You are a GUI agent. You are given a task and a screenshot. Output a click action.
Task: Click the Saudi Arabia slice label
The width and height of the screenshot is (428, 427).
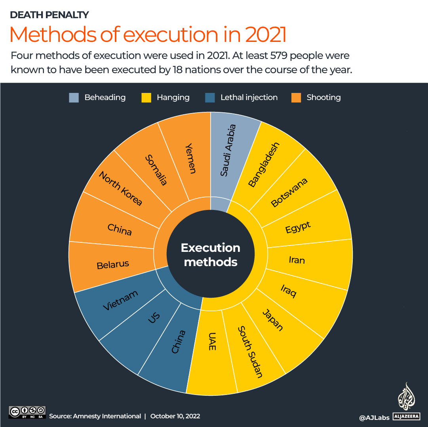pyautogui.click(x=228, y=151)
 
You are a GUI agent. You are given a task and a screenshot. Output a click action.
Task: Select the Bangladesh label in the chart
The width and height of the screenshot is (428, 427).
pyautogui.click(x=264, y=164)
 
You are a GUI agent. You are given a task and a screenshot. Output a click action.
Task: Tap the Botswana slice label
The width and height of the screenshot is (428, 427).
pyautogui.click(x=289, y=193)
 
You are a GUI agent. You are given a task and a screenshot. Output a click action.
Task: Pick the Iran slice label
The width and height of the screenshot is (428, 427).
pyautogui.click(x=297, y=260)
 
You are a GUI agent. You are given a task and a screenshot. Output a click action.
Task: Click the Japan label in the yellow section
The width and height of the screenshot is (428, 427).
pyautogui.click(x=273, y=320)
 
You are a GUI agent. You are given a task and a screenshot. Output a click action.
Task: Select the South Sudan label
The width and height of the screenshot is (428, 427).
pyautogui.click(x=250, y=352)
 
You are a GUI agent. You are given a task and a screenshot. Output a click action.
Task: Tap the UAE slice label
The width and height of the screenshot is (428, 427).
pyautogui.click(x=213, y=341)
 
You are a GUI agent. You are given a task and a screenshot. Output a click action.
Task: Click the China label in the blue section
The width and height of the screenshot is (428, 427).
pyautogui.click(x=178, y=342)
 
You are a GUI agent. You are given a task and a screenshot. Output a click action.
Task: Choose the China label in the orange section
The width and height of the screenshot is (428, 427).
pyautogui.click(x=120, y=229)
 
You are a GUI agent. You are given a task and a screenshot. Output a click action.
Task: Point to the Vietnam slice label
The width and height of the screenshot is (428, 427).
pyautogui.click(x=120, y=300)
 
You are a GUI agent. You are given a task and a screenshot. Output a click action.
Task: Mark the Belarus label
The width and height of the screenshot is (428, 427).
pyautogui.click(x=113, y=265)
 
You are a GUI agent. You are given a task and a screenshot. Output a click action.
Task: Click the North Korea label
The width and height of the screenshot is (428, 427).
pyautogui.click(x=120, y=188)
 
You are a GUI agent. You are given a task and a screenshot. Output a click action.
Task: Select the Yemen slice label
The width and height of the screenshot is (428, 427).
pyautogui.click(x=191, y=158)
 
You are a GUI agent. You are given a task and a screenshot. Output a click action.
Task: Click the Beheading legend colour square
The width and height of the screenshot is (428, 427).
pyautogui.click(x=74, y=97)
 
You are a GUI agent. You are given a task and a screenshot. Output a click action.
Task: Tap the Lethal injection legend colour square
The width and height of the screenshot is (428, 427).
pyautogui.click(x=210, y=97)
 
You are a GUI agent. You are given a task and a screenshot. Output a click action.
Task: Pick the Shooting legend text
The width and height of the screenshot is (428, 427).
pyautogui.click(x=323, y=97)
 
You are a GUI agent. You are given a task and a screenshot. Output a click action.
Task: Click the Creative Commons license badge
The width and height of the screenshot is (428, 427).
pyautogui.click(x=27, y=412)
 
